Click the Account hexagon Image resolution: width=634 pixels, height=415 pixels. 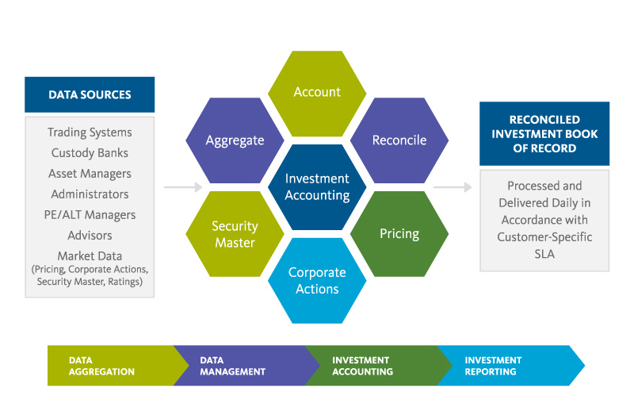point(317,93)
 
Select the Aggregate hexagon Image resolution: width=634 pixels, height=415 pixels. point(235,140)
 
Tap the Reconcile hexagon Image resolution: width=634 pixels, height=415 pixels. point(399,140)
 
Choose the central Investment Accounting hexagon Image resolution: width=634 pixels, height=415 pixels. point(317,187)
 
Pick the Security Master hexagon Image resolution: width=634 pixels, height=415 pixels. point(235,234)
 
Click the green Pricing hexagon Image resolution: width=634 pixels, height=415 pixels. point(399,234)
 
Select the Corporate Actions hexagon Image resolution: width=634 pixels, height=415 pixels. point(317,281)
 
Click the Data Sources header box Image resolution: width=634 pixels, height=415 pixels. point(90,94)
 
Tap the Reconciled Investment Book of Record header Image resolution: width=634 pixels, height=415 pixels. point(544,133)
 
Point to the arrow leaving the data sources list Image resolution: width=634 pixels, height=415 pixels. point(183,188)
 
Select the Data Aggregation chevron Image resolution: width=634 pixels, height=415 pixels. point(107,366)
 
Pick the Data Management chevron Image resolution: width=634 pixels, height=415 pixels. point(238,366)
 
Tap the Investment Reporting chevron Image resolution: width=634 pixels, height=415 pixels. point(507,366)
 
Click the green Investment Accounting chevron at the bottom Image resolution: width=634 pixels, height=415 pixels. point(369,366)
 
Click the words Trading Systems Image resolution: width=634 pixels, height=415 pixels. point(90,133)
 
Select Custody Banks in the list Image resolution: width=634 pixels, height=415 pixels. point(90,153)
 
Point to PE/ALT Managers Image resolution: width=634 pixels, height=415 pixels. point(90,215)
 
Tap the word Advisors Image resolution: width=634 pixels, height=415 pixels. point(90,236)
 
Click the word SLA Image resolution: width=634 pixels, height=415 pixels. point(544,254)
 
